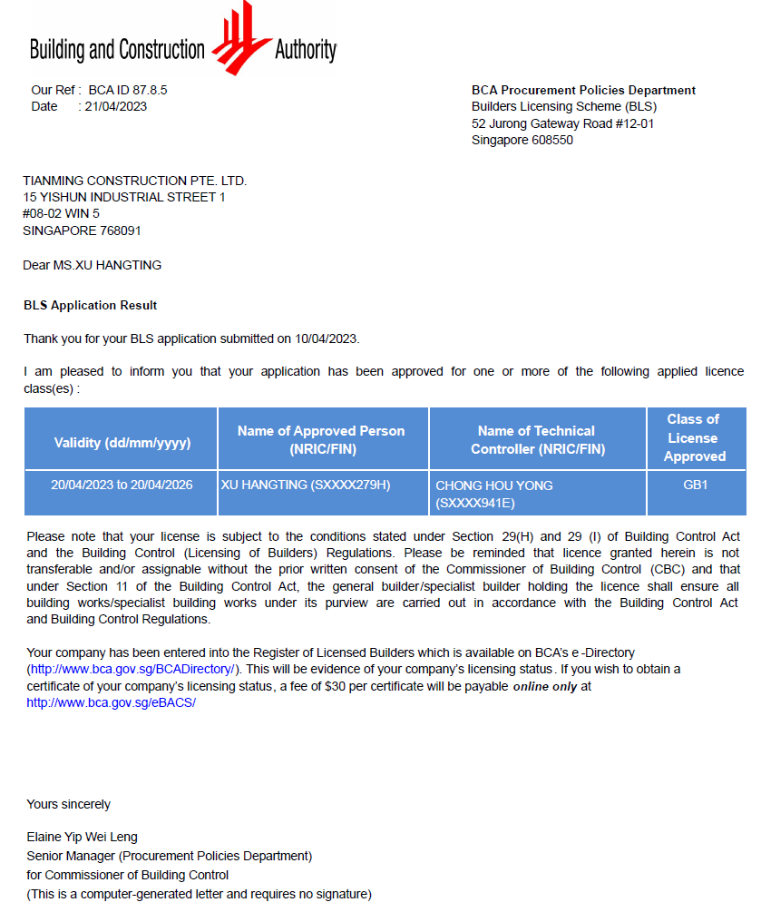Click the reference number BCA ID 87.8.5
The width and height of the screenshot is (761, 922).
128,90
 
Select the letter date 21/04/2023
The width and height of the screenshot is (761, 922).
116,106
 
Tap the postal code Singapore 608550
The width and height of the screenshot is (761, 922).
522,140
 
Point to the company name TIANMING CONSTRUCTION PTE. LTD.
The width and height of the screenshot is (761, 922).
134,181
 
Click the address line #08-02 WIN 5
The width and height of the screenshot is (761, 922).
62,213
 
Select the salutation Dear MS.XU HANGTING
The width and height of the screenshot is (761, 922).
92,265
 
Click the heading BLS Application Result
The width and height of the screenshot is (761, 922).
90,305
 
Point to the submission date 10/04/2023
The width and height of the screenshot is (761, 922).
327,338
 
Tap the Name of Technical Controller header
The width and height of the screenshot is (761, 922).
537,439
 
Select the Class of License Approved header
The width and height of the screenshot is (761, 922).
694,437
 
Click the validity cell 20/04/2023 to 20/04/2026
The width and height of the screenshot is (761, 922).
122,485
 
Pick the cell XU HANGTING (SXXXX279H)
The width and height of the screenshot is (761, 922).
306,485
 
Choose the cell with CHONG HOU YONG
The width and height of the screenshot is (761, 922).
494,486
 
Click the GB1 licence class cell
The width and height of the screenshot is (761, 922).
695,485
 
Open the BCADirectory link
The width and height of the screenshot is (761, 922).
134,669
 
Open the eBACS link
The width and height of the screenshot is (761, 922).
111,702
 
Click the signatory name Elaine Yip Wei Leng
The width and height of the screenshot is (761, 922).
83,837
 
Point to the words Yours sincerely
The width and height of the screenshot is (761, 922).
69,804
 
